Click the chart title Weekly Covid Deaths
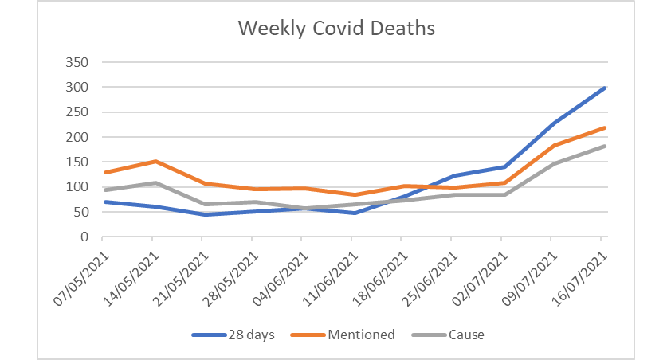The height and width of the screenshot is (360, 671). point(336,29)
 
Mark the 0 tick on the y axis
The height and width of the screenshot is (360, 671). point(82,237)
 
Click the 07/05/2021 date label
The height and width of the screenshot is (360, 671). point(82,275)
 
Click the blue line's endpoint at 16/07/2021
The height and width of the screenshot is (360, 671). point(605,88)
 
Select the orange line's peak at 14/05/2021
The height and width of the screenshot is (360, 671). point(153,162)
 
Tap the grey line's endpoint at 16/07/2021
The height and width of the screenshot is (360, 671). point(605,146)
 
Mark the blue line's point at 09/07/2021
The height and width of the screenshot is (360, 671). point(555,123)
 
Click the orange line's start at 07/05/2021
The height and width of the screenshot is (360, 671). point(103,172)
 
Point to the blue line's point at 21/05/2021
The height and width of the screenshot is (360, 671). point(203,214)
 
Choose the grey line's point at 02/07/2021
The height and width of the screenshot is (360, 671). point(504,194)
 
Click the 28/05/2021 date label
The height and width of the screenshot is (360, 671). point(232,275)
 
